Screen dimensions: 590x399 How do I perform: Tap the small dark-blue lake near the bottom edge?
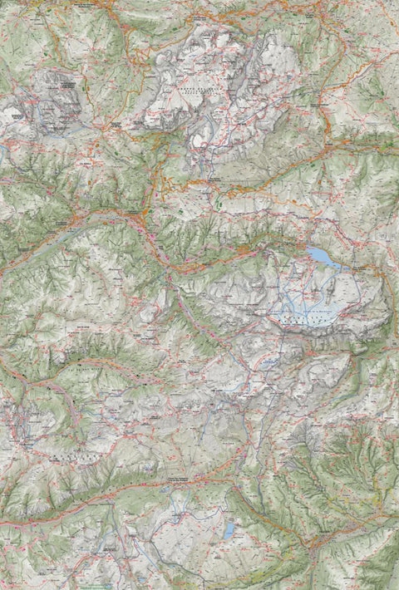point(229,531)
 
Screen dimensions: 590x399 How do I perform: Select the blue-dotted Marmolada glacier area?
point(312,303)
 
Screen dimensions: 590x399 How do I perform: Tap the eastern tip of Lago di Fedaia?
point(341,268)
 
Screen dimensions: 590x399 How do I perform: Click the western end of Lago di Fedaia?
point(307,248)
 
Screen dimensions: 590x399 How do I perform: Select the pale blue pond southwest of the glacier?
point(268,363)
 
